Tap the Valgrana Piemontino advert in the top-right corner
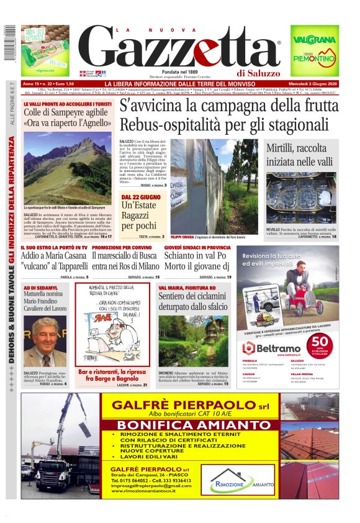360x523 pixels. coord(315,50)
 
